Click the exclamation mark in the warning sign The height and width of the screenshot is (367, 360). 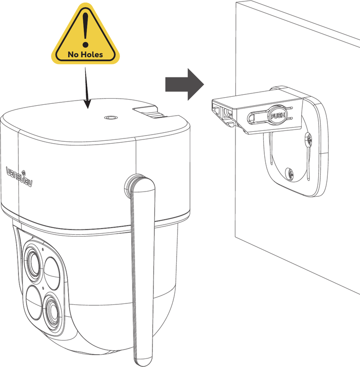point(86,30)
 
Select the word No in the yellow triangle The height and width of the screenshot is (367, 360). point(73,55)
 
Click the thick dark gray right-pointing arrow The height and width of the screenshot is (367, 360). point(185,84)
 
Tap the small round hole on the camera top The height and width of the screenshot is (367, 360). point(109,117)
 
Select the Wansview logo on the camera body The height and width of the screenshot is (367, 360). point(19,177)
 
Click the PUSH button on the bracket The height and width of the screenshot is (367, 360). point(278,115)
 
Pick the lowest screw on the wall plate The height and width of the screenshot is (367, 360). point(290,174)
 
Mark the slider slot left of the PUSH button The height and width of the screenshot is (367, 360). point(258,117)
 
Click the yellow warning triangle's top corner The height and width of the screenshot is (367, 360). point(85,4)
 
